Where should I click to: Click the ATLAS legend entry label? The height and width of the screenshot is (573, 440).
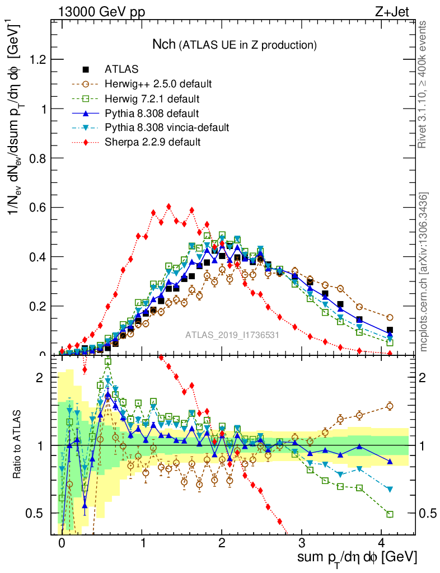121,70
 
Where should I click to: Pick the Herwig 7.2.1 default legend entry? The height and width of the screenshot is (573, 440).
152,99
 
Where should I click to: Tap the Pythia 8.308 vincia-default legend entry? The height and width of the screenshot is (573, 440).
167,128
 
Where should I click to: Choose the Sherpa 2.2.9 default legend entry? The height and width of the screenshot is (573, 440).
152,142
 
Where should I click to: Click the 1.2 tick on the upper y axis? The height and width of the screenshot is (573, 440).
39,59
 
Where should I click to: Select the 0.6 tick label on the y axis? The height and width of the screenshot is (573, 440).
39,207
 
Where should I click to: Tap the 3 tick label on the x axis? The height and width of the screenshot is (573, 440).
302,543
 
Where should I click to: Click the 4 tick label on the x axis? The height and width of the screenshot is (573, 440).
382,543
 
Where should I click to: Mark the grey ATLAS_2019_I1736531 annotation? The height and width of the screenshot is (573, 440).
232,336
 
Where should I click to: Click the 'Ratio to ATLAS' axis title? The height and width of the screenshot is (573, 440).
18,444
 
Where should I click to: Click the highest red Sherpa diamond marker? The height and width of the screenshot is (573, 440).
168,206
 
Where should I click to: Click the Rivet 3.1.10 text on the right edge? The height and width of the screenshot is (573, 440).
423,84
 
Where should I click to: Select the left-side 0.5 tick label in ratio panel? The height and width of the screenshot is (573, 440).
39,513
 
